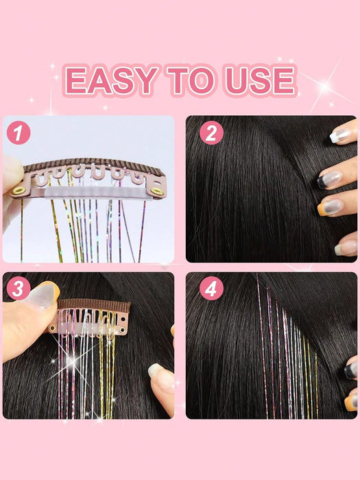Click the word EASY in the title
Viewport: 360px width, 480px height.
(111, 80)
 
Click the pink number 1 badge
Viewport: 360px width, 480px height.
(19, 132)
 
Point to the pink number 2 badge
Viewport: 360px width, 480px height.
(211, 132)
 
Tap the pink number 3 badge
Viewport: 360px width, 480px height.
(19, 288)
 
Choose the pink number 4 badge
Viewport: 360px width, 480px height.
(211, 288)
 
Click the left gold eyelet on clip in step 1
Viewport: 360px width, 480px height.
(19, 191)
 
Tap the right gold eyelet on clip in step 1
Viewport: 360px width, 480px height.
(157, 191)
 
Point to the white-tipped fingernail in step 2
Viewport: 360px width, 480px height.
(340, 136)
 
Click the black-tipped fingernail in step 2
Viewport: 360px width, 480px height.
(329, 180)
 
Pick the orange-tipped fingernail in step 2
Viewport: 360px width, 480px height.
(330, 208)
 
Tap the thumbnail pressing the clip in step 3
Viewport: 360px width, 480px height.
(43, 295)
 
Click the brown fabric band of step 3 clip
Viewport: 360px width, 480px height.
(93, 305)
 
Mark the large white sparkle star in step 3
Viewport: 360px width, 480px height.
(73, 361)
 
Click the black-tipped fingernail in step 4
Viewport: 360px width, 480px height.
(351, 370)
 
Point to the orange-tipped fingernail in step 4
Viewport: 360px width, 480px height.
(351, 403)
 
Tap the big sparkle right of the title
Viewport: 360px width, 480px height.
(325, 87)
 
